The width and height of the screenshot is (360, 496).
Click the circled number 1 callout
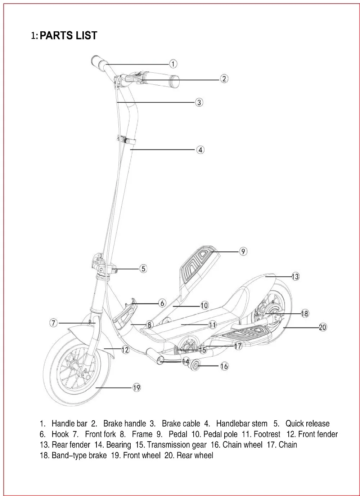pyautogui.click(x=173, y=64)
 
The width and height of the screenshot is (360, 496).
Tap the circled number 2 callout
pyautogui.click(x=224, y=79)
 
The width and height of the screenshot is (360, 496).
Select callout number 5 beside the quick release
pyautogui.click(x=143, y=269)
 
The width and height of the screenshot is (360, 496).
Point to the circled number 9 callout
pyautogui.click(x=243, y=251)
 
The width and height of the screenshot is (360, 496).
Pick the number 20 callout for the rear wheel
pyautogui.click(x=323, y=327)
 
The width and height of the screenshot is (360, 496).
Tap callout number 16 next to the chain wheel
pyautogui.click(x=224, y=366)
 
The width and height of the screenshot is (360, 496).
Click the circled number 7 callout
pyautogui.click(x=53, y=323)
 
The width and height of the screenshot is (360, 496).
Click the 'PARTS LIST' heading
pyautogui.click(x=68, y=35)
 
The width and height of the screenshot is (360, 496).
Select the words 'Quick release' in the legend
pyautogui.click(x=307, y=423)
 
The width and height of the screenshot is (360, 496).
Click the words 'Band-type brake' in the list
pyautogui.click(x=79, y=455)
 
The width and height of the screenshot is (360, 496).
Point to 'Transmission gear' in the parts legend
pyautogui.click(x=176, y=444)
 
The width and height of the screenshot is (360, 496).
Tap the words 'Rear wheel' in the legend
pyautogui.click(x=195, y=455)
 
